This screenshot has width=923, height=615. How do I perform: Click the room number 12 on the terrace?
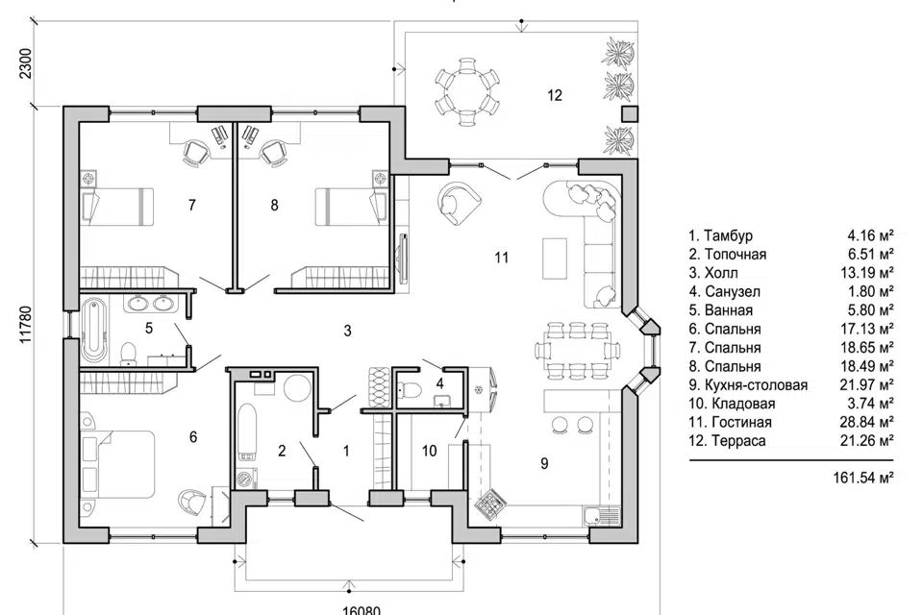tap(554, 95)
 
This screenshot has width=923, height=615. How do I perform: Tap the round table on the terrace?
tap(465, 90)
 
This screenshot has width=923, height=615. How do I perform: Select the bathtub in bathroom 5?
tap(92, 332)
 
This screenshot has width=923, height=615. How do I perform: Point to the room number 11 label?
tap(500, 258)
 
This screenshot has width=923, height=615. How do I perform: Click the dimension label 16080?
tap(362, 608)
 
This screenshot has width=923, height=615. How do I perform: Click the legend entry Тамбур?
tap(728, 235)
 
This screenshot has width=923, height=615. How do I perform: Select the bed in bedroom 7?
tap(117, 205)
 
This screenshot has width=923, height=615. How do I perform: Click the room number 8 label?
tap(275, 205)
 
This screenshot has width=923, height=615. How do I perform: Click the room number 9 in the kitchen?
tap(544, 463)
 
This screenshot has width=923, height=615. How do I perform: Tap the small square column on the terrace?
tap(629, 114)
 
